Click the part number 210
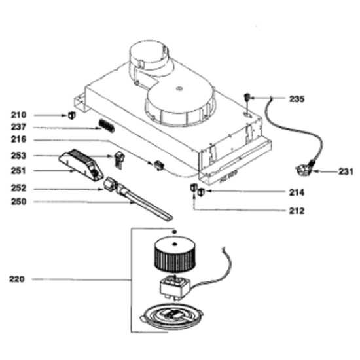(x=18, y=115)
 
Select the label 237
(x=18, y=127)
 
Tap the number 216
(x=18, y=139)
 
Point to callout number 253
(x=18, y=156)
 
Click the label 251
(x=18, y=171)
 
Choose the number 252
(x=18, y=189)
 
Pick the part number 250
(x=18, y=202)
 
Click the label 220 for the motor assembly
(x=16, y=279)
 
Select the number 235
(x=297, y=99)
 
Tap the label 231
(x=346, y=171)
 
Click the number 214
(x=297, y=192)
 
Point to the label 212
(x=297, y=211)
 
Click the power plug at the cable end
(x=305, y=169)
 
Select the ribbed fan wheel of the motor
(x=175, y=254)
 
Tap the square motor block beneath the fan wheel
(x=175, y=287)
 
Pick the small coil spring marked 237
(x=107, y=126)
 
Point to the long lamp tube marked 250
(x=144, y=202)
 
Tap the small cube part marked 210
(x=72, y=115)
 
